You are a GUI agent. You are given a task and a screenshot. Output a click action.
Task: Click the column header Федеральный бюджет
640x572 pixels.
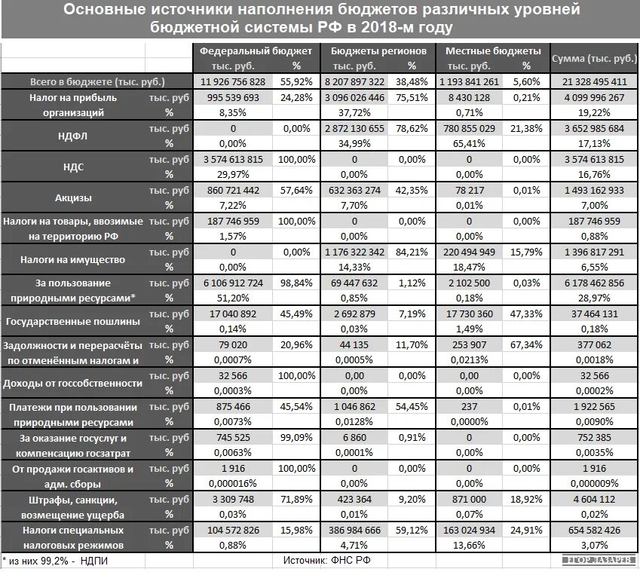point(255,51)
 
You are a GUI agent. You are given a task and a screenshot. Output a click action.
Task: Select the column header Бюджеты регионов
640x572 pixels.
point(374,51)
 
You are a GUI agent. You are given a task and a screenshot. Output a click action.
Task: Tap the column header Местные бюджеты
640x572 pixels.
point(493,51)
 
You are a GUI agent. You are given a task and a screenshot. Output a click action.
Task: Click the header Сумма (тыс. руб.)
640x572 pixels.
point(594,58)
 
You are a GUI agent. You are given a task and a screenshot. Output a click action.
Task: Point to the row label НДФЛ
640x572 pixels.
point(73,136)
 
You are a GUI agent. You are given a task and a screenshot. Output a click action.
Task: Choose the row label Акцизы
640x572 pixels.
point(73,198)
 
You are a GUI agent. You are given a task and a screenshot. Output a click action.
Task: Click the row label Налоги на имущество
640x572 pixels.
point(73,260)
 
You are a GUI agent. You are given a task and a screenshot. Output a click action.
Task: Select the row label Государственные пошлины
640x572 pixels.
point(73,322)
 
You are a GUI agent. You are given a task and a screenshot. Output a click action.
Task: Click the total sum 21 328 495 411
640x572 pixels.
point(594,81)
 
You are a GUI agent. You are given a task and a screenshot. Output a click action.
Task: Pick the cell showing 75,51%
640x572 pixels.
point(412,97)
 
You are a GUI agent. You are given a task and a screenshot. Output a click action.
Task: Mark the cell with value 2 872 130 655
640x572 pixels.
point(354,128)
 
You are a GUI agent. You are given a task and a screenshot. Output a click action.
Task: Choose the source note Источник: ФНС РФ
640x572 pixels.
point(326,561)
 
